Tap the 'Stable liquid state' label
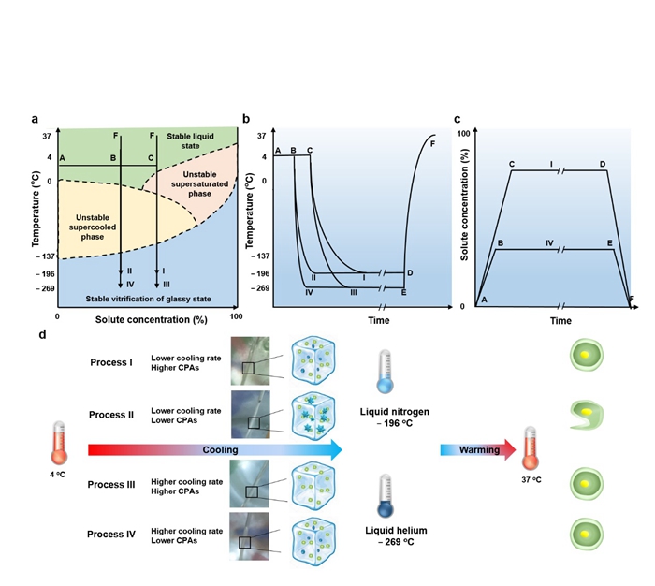[x=190, y=142]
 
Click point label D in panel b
[x=409, y=273]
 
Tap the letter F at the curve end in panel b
[x=432, y=143]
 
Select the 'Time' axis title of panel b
[x=352, y=320]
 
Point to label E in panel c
[x=609, y=242]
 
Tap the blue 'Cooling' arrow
[x=215, y=449]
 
